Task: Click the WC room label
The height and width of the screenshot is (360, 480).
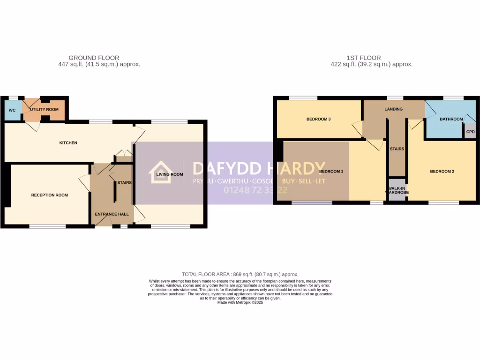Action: [x=12, y=110]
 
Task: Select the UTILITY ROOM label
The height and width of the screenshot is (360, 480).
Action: [x=45, y=109]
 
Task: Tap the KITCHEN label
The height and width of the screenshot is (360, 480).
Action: [x=68, y=143]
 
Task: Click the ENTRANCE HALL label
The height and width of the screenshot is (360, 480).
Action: [x=112, y=214]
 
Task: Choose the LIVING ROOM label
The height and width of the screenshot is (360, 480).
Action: [x=169, y=174]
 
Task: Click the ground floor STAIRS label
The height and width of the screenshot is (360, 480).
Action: [x=124, y=182]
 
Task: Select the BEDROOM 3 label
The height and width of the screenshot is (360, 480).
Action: [x=319, y=119]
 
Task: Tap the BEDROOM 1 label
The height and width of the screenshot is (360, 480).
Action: [x=331, y=172]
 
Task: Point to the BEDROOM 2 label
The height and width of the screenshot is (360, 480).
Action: [x=442, y=172]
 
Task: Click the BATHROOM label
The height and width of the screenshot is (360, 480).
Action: [x=451, y=119]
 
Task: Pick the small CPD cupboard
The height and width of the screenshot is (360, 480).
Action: [x=470, y=132]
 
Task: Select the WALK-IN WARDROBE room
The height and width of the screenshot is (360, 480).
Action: [x=397, y=190]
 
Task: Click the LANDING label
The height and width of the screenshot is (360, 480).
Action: [x=393, y=109]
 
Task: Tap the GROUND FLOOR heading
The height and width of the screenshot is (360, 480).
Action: [x=94, y=58]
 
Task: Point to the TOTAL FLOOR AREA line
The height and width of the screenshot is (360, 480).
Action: [x=240, y=274]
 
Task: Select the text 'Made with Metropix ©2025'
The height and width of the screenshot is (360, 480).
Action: [x=240, y=303]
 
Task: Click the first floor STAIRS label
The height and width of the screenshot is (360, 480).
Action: [x=397, y=149]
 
